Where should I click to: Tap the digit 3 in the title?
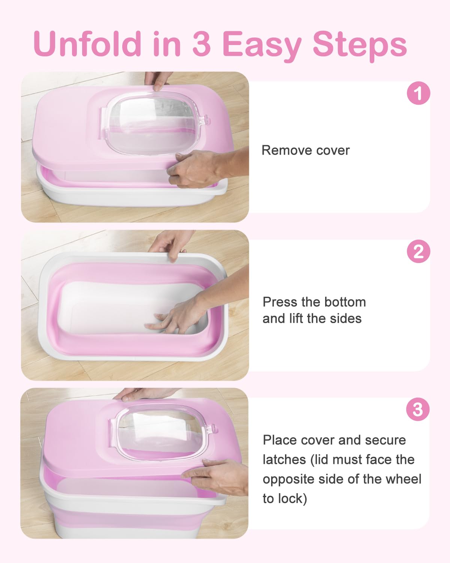201,44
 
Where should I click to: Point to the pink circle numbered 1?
418,93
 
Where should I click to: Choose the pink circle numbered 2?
418,251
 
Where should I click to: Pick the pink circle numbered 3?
418,409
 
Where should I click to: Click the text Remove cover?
305,151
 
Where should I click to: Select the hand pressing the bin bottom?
176,315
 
